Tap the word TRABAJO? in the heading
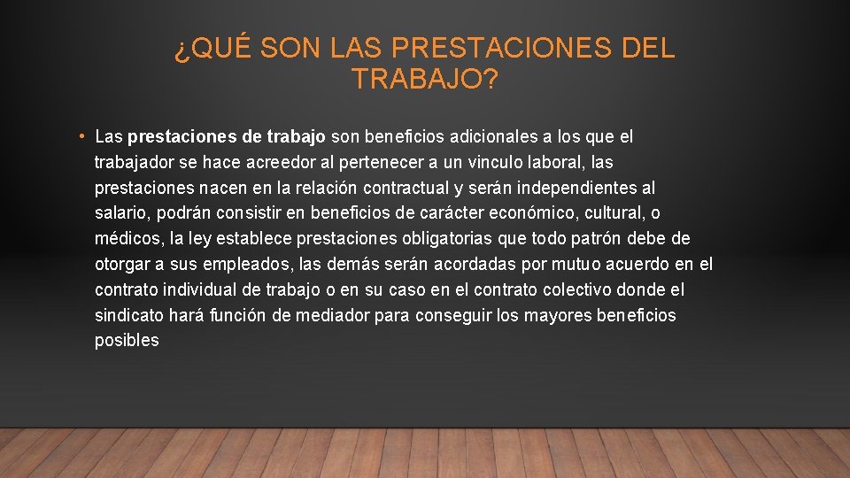click(424, 80)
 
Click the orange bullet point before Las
click(81, 137)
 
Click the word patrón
click(599, 239)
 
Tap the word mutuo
click(575, 265)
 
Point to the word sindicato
click(128, 315)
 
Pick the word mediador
click(335, 315)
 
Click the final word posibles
click(127, 341)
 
